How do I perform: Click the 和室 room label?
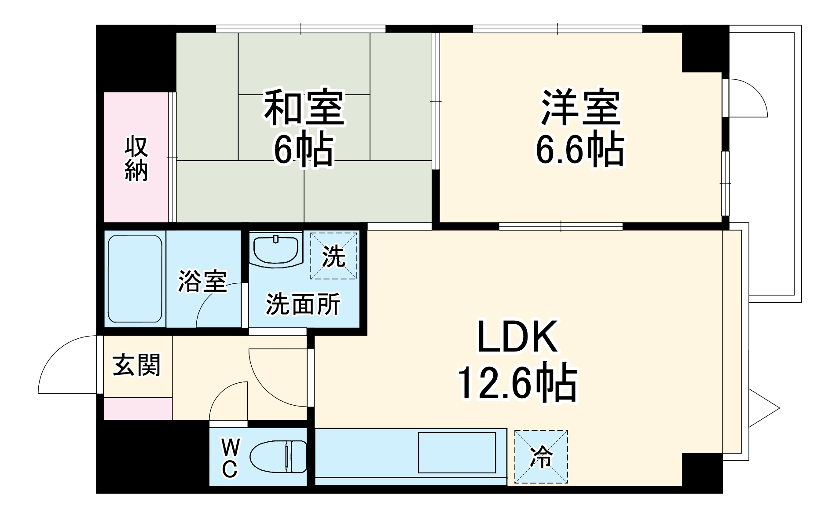pos(304,107)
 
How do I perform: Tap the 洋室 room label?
pos(581,107)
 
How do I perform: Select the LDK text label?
pos(517,337)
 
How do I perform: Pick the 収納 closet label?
pos(136,159)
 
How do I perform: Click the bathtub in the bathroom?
pos(135,279)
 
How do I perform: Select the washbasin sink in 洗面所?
pos(276,249)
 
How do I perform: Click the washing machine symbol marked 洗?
pos(334,256)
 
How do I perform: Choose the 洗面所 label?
pos(303,304)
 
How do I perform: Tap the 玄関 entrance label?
pos(137,365)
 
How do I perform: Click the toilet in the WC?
pos(278,456)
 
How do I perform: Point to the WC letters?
pos(230,459)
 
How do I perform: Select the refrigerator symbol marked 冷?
pos(541,457)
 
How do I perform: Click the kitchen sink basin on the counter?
pos(457,453)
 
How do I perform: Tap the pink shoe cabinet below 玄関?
pos(138,408)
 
